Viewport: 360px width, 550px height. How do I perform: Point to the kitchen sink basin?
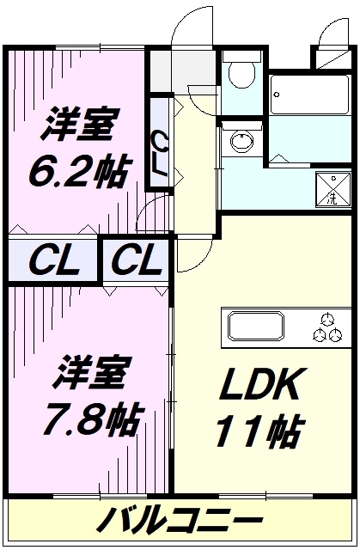(256, 327)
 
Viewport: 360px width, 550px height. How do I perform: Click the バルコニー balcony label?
(179, 521)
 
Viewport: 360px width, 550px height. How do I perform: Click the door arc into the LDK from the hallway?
(193, 254)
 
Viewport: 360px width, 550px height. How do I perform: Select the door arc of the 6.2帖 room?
(155, 211)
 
